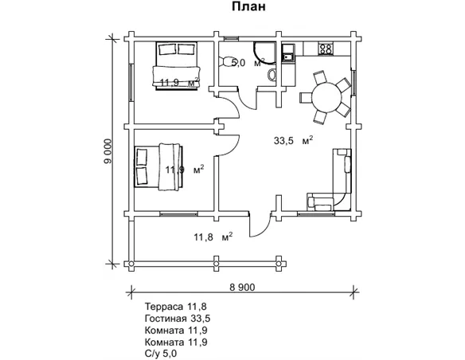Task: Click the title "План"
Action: tap(248, 7)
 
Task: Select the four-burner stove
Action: tap(326, 49)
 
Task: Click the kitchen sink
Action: tap(288, 53)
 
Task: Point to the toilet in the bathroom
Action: tap(225, 62)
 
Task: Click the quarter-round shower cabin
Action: tap(265, 53)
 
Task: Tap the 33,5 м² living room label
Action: tap(293, 140)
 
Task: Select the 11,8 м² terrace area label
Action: tap(213, 237)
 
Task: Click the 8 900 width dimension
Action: tap(242, 287)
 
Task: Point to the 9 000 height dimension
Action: tap(108, 151)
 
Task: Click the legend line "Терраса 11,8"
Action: tap(175, 306)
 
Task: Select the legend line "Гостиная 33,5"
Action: tap(178, 319)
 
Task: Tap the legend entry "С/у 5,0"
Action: tap(161, 354)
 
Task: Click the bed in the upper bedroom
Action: tap(176, 65)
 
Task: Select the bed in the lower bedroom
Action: tap(158, 166)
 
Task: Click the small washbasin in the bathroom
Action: tap(272, 75)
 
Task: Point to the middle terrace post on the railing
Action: tap(217, 264)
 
